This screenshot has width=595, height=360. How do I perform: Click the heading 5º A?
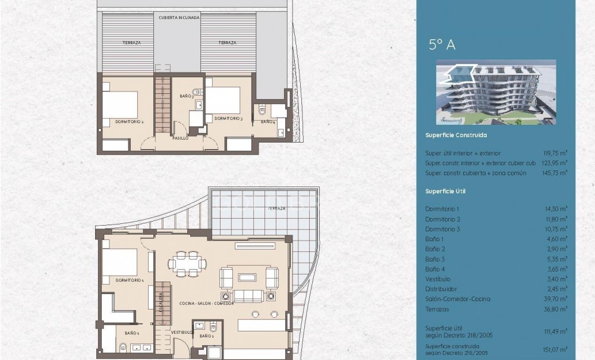point(442,45)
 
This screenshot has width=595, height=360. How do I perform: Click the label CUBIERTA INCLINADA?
point(179,18)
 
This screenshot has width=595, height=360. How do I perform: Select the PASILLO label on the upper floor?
point(180,137)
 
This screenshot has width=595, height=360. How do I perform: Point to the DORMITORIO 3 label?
point(229,118)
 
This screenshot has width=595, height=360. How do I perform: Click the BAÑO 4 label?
point(268,122)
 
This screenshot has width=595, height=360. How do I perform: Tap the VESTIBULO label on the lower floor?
point(181,332)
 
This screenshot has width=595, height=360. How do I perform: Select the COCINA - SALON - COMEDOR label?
point(206,303)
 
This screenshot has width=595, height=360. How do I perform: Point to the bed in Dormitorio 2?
point(121,105)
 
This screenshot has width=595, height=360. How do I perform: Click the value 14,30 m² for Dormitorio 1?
point(556,209)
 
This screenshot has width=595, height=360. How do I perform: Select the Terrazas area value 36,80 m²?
point(556,309)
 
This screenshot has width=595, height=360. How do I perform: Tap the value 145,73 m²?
point(555,172)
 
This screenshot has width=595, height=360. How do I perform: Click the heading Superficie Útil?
point(445,191)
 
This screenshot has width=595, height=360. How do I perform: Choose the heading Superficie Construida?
point(456,135)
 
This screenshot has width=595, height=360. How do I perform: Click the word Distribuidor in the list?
point(440,289)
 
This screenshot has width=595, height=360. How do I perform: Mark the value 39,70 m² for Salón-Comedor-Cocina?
point(556,299)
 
